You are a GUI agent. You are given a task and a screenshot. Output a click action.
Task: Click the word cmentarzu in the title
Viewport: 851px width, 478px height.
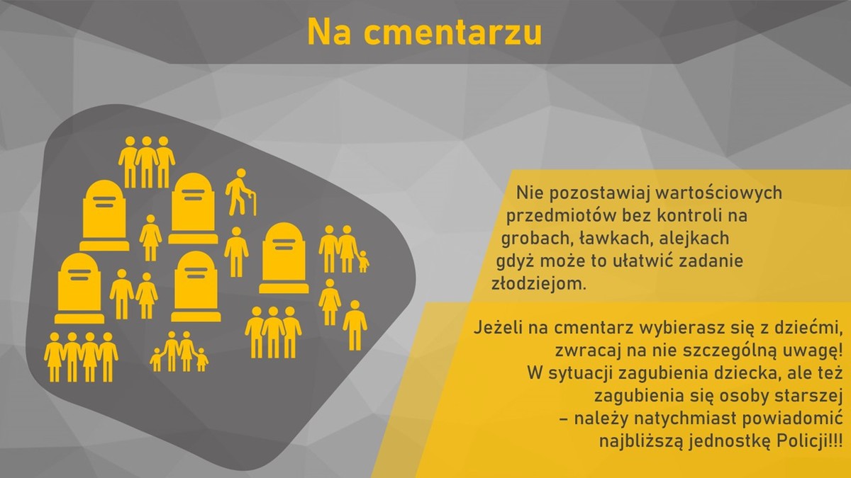pos(453,33)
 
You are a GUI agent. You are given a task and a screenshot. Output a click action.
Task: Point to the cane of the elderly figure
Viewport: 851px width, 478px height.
pos(252,204)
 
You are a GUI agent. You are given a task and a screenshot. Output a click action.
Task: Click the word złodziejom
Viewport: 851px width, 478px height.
pos(539,284)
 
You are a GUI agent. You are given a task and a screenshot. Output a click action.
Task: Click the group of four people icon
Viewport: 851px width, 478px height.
pos(81,358)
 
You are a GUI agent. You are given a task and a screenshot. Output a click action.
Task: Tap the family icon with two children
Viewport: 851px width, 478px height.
pos(179,351)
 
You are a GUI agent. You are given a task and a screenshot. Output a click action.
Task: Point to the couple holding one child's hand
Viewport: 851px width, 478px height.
pos(343,249)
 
